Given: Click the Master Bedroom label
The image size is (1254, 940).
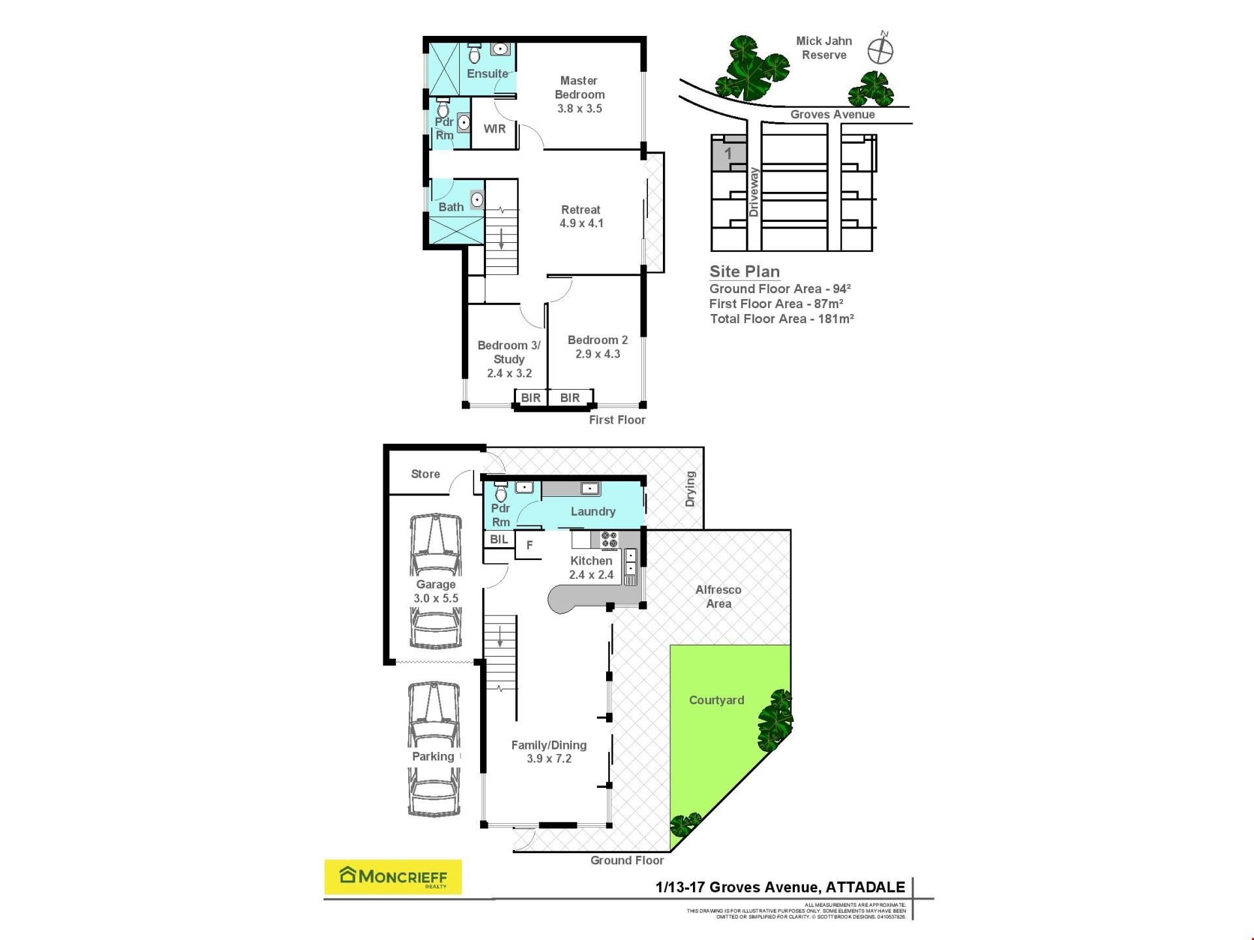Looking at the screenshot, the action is (579, 87).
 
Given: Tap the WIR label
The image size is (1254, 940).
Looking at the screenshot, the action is (494, 129).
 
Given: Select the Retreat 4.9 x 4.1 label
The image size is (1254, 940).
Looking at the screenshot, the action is (581, 216).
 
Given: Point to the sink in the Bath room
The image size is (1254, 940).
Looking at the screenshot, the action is (477, 200).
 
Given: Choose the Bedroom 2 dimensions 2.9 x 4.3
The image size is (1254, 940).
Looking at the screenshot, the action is (598, 354).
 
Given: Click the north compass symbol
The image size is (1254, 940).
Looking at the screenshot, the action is (880, 48).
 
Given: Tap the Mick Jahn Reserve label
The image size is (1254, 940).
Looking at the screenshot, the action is (824, 48).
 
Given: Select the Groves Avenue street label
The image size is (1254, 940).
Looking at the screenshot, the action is (833, 114).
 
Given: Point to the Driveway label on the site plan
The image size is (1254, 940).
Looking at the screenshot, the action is (754, 192).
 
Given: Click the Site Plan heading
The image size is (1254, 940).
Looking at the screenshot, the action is (745, 272).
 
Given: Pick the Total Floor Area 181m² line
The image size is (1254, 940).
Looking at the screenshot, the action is (782, 319).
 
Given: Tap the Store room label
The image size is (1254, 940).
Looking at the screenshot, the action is (425, 474).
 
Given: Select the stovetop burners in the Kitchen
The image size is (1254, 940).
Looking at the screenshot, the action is (609, 539).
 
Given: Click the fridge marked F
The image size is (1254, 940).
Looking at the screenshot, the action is (530, 545).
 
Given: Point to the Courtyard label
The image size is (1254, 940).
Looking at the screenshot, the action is (716, 700).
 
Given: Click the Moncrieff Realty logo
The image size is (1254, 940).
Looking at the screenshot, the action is (393, 877).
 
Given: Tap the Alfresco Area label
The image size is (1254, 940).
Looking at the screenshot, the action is (718, 597).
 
